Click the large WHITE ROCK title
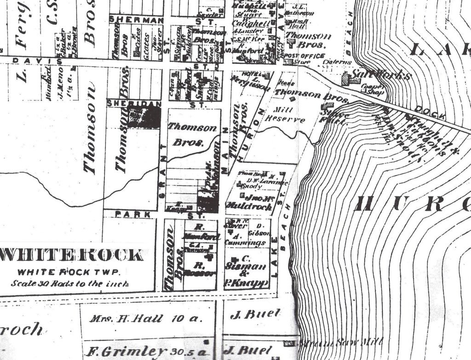tap(72, 255)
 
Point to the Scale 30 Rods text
tap(70, 284)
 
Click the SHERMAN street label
tap(137, 20)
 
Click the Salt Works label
tap(381, 75)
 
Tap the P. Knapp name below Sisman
tap(246, 283)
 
